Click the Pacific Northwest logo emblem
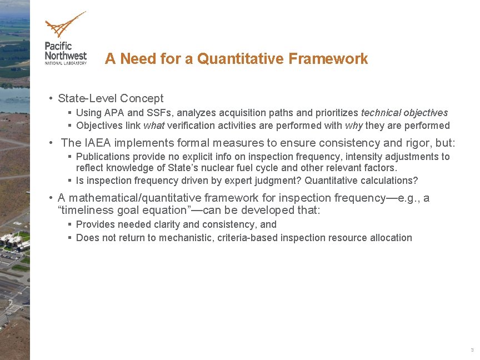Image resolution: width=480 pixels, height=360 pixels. pyautogui.click(x=65, y=24)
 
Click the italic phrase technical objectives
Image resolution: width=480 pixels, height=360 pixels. pyautogui.click(x=404, y=113)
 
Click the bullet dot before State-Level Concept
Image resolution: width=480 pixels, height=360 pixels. pyautogui.click(x=51, y=98)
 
